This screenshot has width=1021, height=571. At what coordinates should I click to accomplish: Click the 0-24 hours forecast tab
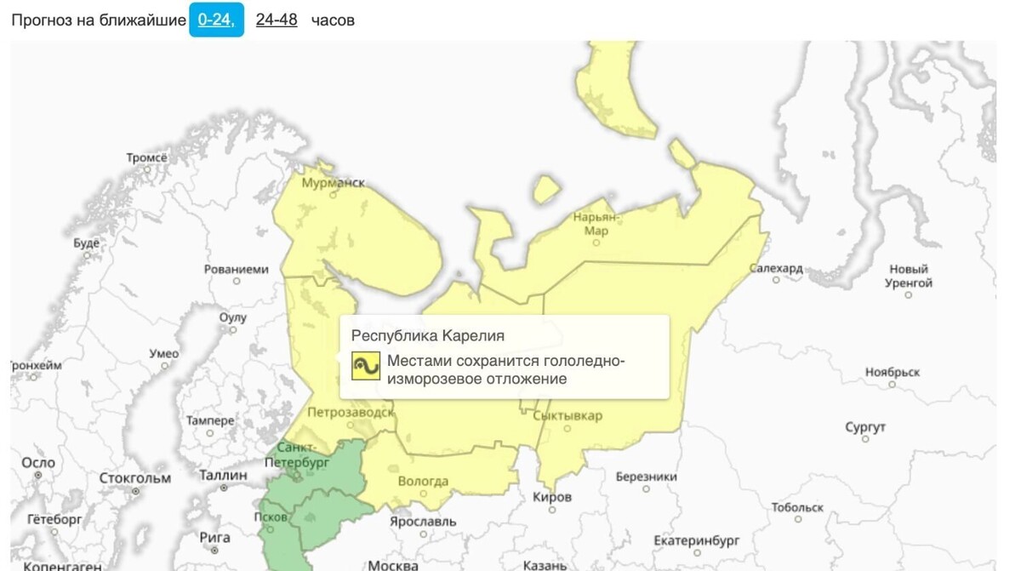click(x=216, y=20)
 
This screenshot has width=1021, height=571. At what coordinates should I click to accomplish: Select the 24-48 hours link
click(x=277, y=20)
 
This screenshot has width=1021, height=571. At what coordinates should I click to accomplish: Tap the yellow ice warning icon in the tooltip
click(x=366, y=366)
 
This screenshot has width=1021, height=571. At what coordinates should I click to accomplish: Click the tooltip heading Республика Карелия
click(x=428, y=335)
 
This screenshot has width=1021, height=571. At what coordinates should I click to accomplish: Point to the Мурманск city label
click(x=334, y=182)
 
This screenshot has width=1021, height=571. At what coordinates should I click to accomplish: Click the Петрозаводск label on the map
click(x=351, y=413)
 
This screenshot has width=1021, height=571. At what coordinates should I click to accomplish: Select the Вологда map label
click(x=423, y=482)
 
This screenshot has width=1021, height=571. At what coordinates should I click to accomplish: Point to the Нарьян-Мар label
click(x=596, y=223)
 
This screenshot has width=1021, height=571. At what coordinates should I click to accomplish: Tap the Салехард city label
click(x=776, y=268)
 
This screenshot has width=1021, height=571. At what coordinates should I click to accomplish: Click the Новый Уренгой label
click(x=908, y=276)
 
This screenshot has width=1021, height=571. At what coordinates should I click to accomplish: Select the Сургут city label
click(x=865, y=427)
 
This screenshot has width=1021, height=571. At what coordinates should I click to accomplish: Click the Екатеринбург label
click(x=697, y=540)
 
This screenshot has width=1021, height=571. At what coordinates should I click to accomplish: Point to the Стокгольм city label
click(x=135, y=477)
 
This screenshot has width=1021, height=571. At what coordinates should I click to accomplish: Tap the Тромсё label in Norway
click(x=147, y=157)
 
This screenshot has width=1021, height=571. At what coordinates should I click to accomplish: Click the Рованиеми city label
click(x=236, y=269)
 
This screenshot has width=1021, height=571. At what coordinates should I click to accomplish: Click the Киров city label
click(x=552, y=497)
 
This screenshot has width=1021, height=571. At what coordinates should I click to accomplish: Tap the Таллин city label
click(x=223, y=475)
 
